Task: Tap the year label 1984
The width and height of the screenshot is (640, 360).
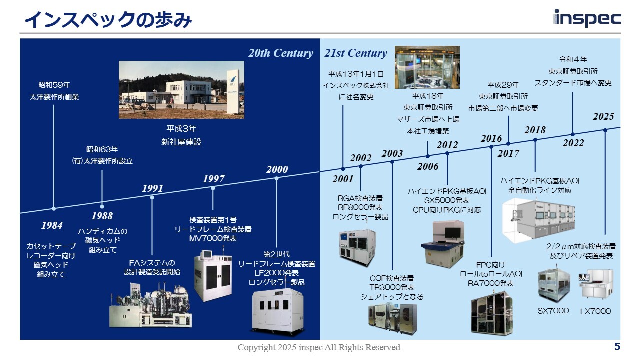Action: (52, 225)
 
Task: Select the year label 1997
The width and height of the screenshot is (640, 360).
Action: (214, 179)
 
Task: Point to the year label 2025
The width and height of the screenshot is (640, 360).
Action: (603, 116)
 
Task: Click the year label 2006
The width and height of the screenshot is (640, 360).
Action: (428, 166)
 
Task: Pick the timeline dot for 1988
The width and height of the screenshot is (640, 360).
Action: (102, 206)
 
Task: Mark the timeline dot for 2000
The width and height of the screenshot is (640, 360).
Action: (276, 178)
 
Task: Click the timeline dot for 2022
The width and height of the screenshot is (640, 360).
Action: (573, 134)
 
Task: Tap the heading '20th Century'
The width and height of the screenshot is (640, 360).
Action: (281, 53)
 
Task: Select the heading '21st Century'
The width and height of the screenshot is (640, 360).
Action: (356, 53)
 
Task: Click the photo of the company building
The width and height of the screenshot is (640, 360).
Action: (181, 90)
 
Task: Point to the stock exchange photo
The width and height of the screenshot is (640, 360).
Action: (427, 67)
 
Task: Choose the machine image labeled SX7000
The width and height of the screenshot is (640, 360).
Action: (553, 284)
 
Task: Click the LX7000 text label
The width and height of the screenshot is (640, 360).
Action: (595, 311)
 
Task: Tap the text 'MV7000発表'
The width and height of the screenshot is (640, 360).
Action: (213, 239)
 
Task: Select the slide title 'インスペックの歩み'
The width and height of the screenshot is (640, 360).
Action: (108, 20)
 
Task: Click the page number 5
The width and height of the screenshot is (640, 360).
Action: (617, 346)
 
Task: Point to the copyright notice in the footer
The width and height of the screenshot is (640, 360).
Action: (319, 347)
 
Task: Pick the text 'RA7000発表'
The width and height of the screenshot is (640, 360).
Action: (491, 283)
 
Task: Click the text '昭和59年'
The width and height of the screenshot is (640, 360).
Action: (54, 85)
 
